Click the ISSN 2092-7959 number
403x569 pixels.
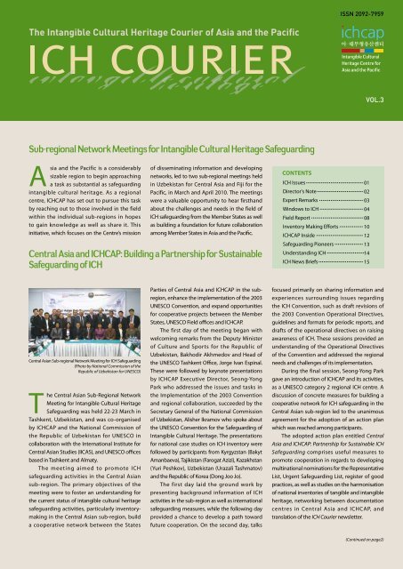367,12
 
